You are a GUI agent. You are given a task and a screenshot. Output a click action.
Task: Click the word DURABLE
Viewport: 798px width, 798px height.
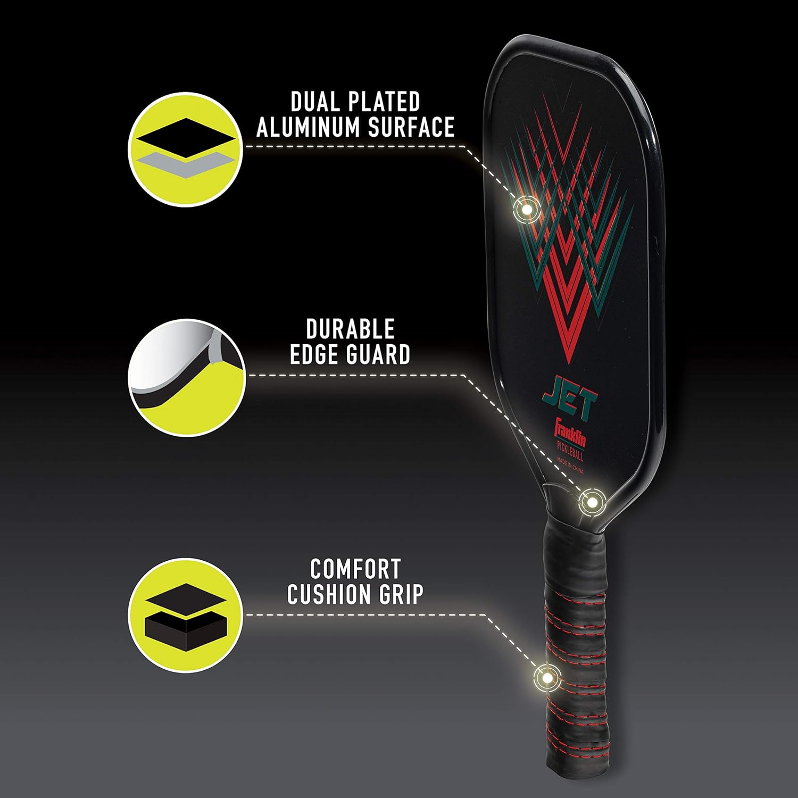pyautogui.click(x=351, y=330)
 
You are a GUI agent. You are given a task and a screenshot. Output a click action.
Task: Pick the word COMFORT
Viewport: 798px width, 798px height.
pyautogui.click(x=355, y=569)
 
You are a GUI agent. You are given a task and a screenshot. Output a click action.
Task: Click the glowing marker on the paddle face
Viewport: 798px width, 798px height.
pyautogui.click(x=526, y=209)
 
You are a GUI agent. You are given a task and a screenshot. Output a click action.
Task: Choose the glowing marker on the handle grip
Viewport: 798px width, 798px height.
pyautogui.click(x=546, y=678)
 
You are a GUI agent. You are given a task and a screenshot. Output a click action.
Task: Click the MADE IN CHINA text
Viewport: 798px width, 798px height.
pyautogui.click(x=570, y=464)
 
